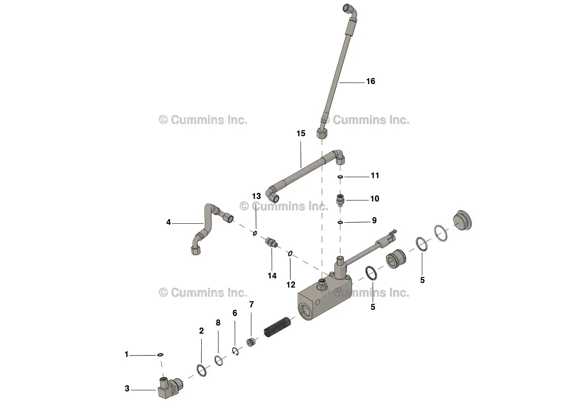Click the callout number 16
370,82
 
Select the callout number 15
301,134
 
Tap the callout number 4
168,222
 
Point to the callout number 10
374,199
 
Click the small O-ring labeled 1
160,355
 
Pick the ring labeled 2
201,370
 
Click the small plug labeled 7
251,342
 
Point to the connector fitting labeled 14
272,243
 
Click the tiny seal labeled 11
340,177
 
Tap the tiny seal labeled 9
340,222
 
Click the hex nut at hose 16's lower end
322,134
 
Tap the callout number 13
256,196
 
